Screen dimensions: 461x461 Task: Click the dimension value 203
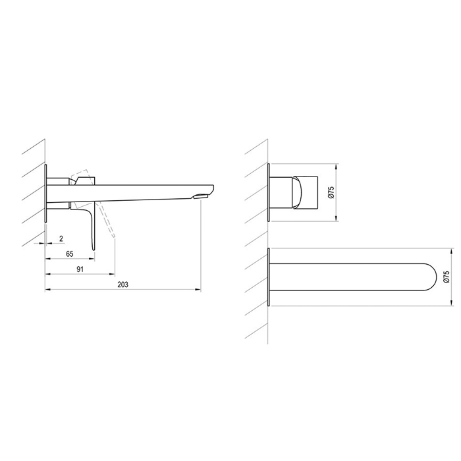(123, 285)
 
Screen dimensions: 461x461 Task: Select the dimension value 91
(80, 269)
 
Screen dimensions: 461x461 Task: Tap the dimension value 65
(69, 254)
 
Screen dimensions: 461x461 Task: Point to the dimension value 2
(61, 238)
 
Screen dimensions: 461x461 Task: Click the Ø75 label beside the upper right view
(332, 192)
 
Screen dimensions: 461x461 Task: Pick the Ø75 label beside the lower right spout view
(447, 277)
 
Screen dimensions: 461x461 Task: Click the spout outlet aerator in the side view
(201, 196)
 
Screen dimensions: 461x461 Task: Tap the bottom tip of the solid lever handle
(94, 250)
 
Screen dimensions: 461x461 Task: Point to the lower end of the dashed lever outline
(114, 236)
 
